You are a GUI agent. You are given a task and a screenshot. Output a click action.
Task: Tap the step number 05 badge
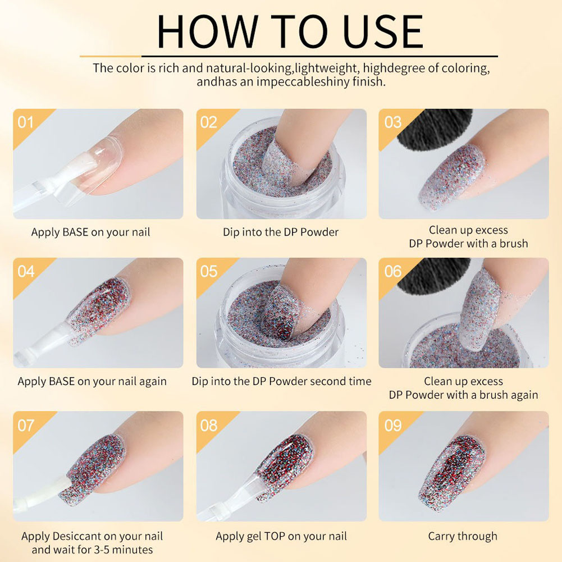[x=209, y=272]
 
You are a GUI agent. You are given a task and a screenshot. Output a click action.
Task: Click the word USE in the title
[x=383, y=32]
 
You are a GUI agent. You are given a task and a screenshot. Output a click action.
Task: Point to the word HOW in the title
[x=208, y=32]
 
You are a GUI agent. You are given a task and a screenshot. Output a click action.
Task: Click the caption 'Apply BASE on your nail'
[x=90, y=232]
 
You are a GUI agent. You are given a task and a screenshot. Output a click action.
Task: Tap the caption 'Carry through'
[x=463, y=536]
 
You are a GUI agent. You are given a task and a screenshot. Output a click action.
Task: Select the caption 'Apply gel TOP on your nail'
[x=281, y=536]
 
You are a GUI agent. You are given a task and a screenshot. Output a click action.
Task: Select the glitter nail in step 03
[x=453, y=176]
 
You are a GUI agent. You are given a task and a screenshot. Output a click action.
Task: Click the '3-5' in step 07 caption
[x=103, y=550]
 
